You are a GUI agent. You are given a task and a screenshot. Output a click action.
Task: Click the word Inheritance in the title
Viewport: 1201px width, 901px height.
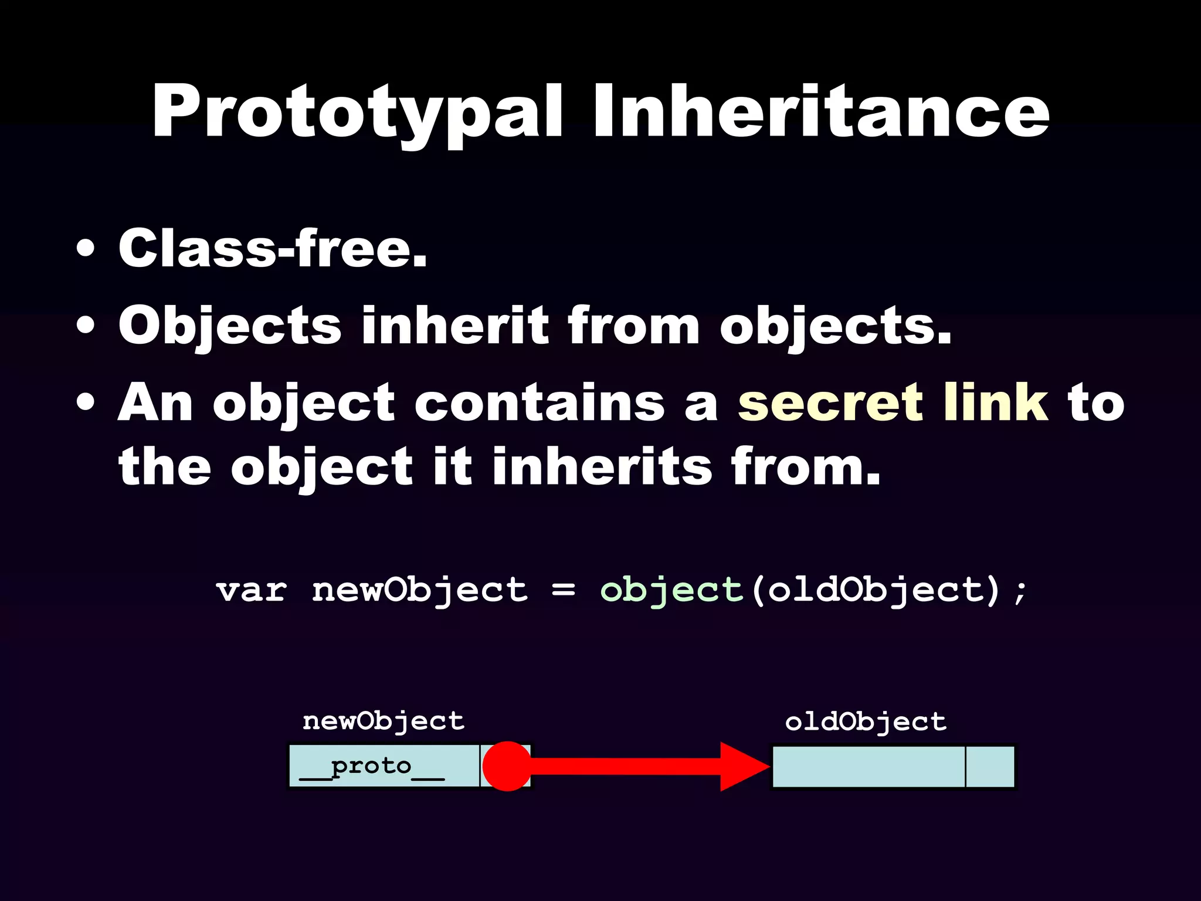pos(821,111)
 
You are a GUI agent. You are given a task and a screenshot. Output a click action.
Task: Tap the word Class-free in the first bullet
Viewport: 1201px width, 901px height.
pos(273,249)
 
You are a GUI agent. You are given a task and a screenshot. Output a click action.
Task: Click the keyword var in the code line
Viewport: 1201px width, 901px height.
pos(252,590)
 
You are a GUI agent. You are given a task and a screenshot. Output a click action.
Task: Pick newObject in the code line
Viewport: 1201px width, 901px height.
pos(419,590)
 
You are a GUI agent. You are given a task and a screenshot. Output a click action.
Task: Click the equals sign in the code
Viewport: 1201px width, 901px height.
pos(563,590)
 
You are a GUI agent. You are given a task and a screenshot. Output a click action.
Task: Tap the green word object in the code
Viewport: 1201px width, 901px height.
pos(671,590)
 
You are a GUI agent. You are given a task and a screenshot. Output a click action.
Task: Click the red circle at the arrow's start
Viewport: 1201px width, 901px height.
pos(507,766)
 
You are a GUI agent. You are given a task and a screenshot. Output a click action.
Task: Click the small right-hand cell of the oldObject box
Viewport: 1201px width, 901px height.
pos(990,767)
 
